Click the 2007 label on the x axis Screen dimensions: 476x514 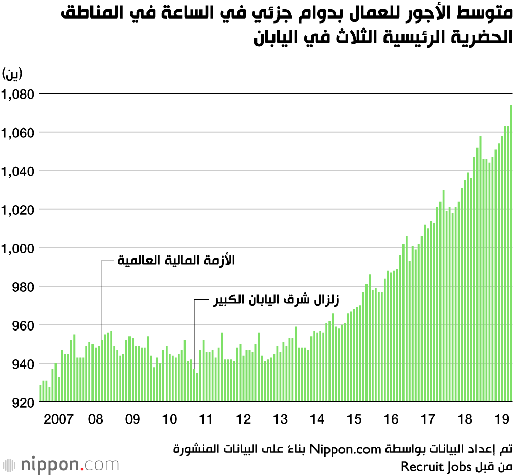58,419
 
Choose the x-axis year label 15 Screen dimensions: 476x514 354,419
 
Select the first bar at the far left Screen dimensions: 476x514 40,393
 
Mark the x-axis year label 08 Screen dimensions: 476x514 96,419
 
